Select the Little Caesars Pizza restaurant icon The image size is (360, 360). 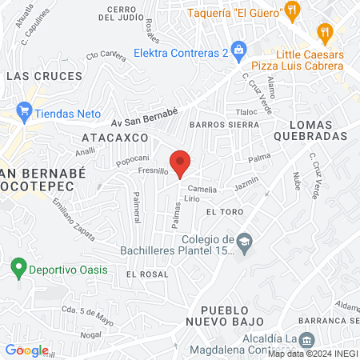[324, 34]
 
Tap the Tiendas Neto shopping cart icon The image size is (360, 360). [23, 113]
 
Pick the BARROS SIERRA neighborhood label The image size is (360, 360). [224, 126]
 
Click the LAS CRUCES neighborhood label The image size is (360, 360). [44, 76]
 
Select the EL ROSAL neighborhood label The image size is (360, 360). [147, 274]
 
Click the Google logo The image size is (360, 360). [26, 350]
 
